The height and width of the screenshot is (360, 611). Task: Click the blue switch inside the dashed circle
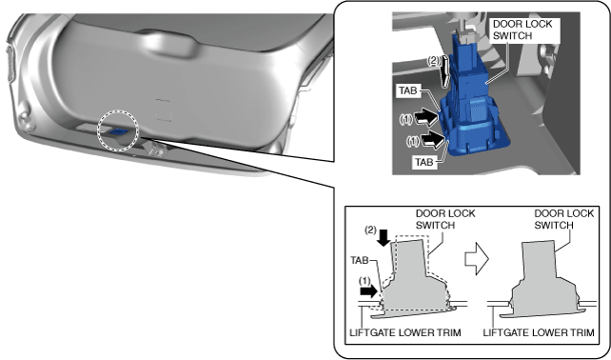pyautogui.click(x=118, y=131)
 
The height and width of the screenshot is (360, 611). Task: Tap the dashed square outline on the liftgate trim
pyautogui.click(x=163, y=110)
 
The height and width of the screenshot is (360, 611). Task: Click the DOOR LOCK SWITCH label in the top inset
pyautogui.click(x=522, y=30)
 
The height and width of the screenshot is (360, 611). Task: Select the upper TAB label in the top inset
pyautogui.click(x=407, y=90)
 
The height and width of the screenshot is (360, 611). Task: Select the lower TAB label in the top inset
pyautogui.click(x=424, y=162)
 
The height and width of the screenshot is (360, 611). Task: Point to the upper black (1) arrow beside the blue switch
pyautogui.click(x=425, y=117)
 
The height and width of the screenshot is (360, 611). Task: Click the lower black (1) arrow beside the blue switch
pyautogui.click(x=432, y=140)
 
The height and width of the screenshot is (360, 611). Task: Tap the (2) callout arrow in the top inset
pyautogui.click(x=444, y=71)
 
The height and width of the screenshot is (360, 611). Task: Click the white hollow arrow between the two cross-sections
pyautogui.click(x=477, y=258)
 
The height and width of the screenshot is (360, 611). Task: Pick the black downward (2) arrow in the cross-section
pyautogui.click(x=384, y=237)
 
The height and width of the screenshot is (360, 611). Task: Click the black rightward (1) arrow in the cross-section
pyautogui.click(x=369, y=291)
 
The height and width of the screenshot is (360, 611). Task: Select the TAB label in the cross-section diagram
pyautogui.click(x=360, y=260)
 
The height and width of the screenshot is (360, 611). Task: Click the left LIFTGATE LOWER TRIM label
pyautogui.click(x=405, y=332)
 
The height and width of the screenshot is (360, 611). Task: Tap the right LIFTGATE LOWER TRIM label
pyautogui.click(x=539, y=332)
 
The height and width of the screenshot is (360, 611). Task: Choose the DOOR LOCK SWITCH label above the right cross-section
pyautogui.click(x=563, y=219)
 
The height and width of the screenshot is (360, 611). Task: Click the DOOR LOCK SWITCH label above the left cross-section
pyautogui.click(x=445, y=219)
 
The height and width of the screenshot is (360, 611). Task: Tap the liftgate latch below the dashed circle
pyautogui.click(x=155, y=149)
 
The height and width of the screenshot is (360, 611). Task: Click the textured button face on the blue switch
pyautogui.click(x=478, y=110)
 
